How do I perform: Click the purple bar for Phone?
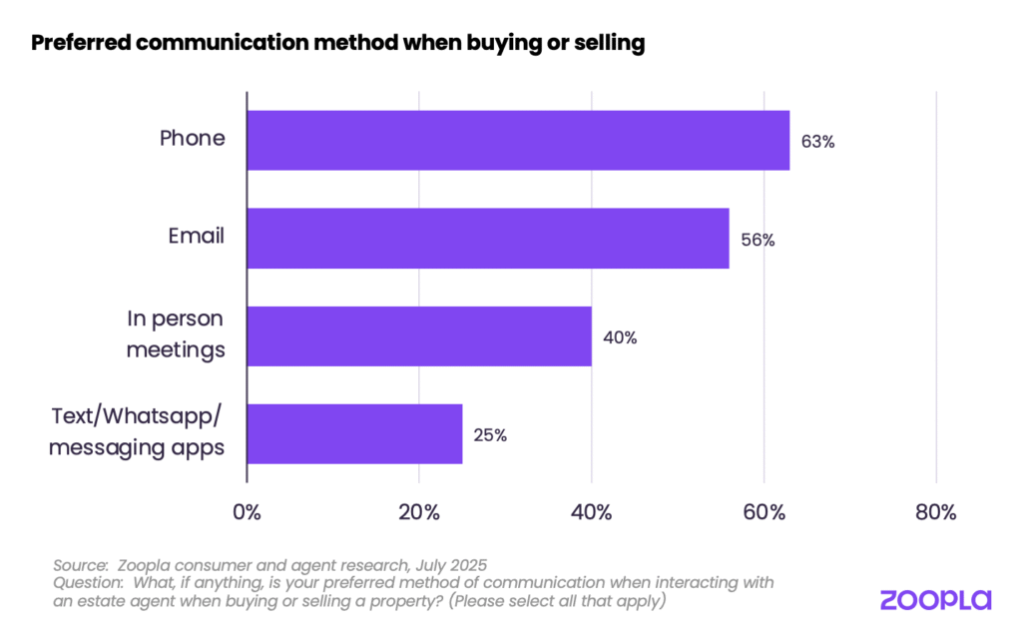click(x=517, y=140)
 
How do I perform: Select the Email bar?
click(x=487, y=238)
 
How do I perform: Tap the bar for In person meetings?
click(x=418, y=335)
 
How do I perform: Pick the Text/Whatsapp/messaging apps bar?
click(x=354, y=433)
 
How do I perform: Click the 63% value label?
click(x=817, y=142)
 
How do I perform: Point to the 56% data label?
click(x=758, y=240)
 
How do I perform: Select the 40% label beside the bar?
click(x=620, y=337)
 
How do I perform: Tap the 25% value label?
click(x=490, y=435)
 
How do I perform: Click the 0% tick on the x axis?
click(x=247, y=513)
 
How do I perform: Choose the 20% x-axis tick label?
click(x=419, y=513)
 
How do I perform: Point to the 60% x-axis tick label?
click(x=764, y=513)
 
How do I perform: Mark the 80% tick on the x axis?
click(x=936, y=513)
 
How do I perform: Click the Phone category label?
click(x=193, y=139)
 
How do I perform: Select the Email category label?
click(x=197, y=237)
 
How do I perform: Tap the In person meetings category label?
click(x=176, y=334)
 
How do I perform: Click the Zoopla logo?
click(x=935, y=599)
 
